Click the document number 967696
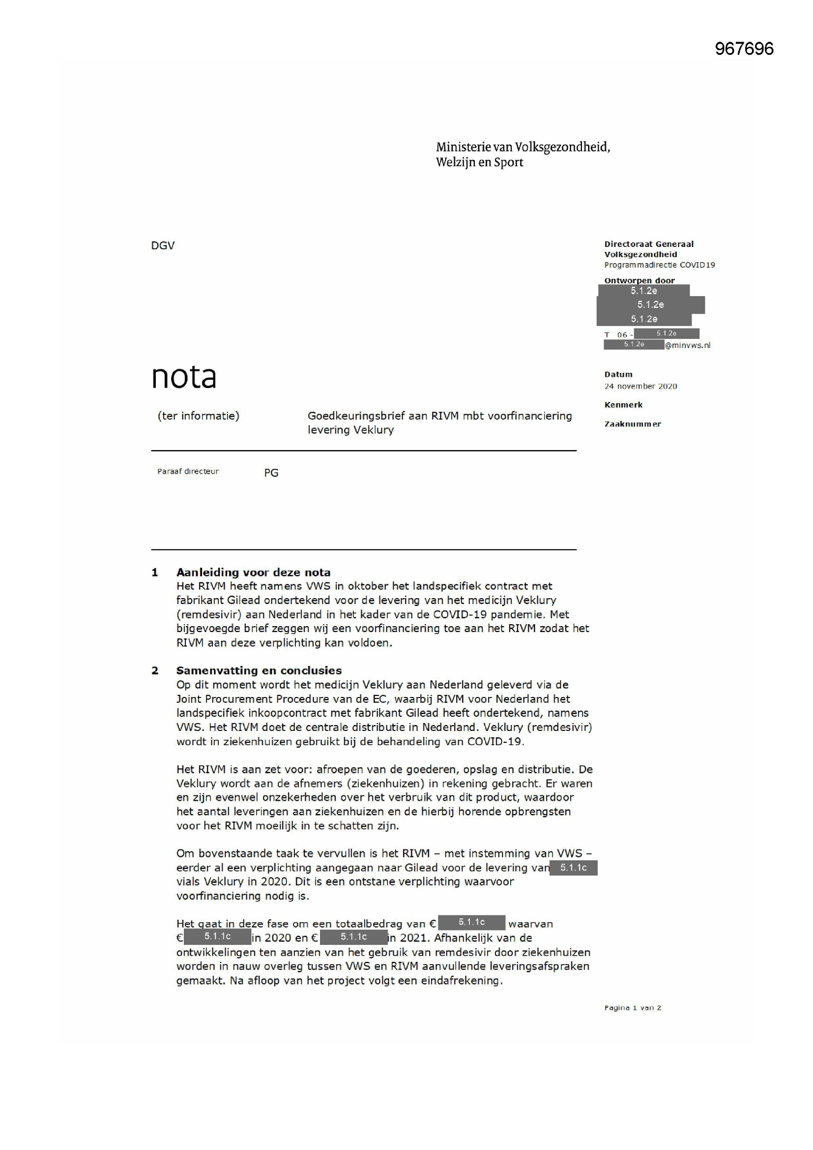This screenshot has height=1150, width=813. click(x=744, y=49)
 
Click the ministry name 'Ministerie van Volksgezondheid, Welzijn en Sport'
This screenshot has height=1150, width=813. click(x=523, y=154)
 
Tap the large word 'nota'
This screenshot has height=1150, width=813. click(x=184, y=377)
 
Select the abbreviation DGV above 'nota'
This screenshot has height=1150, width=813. click(x=163, y=245)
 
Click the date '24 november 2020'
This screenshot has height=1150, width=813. click(x=640, y=386)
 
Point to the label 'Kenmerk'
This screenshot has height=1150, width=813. click(x=623, y=405)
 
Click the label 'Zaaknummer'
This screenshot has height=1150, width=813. click(x=632, y=424)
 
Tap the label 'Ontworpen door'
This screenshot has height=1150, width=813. click(x=639, y=280)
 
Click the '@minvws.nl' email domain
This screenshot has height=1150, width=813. click(x=687, y=345)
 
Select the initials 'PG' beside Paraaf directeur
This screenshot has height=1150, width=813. click(x=271, y=473)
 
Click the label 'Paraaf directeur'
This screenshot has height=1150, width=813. click(x=188, y=471)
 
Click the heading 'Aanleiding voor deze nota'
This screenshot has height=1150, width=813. click(x=253, y=573)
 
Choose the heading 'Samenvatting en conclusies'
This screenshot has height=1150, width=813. click(x=259, y=670)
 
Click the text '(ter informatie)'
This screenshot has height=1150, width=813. click(x=198, y=416)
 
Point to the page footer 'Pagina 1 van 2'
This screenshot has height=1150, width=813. click(x=632, y=1008)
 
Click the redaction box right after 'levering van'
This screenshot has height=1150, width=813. click(x=573, y=868)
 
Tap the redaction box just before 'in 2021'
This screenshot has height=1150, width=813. click(x=353, y=937)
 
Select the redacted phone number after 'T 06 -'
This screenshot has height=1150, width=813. click(x=667, y=333)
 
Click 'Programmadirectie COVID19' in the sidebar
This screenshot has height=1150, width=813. click(x=659, y=265)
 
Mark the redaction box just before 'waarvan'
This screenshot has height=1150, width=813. click(x=471, y=922)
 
